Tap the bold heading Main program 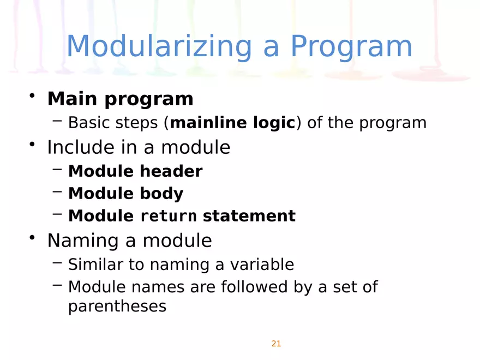pos(120,99)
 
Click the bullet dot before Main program pos(34,97)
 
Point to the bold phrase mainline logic pos(233,123)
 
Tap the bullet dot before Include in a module pos(34,145)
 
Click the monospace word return pos(169,217)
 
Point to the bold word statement pos(249,216)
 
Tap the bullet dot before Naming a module pos(34,237)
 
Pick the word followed pos(255,287)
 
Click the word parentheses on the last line pos(117,307)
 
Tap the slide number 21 pos(276,344)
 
